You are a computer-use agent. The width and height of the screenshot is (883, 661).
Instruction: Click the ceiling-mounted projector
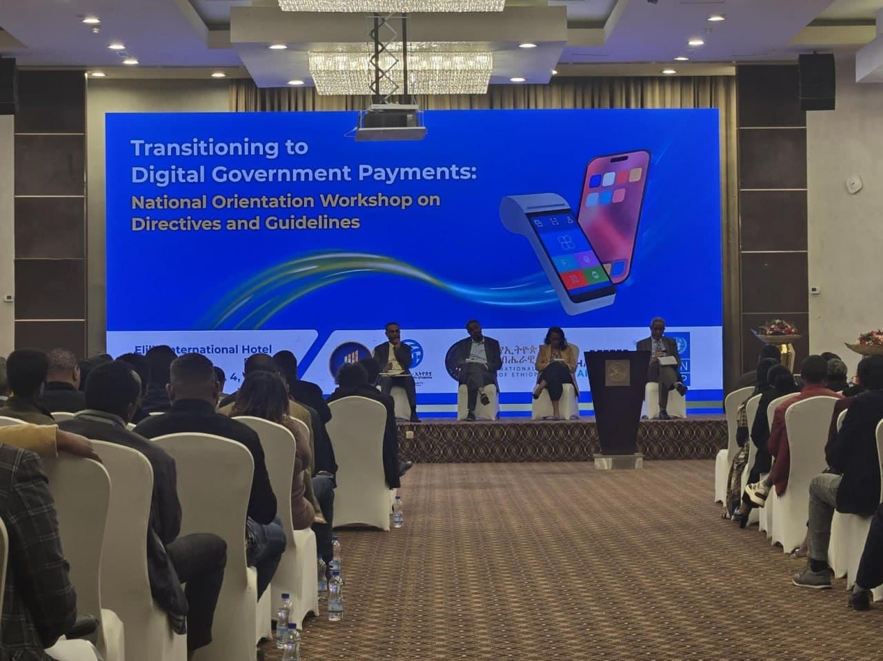(x=390, y=123)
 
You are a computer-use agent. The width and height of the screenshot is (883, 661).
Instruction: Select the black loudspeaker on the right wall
(x=817, y=81)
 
